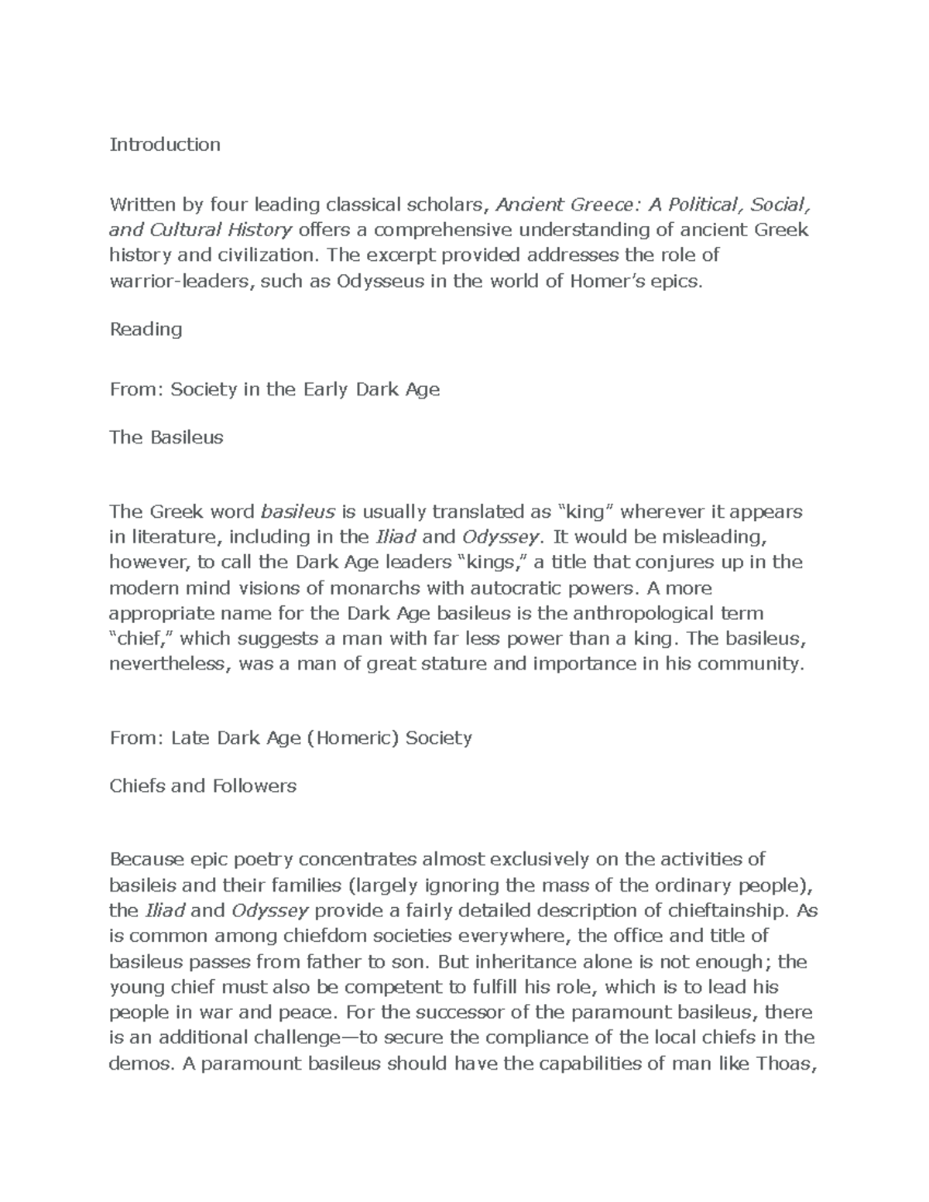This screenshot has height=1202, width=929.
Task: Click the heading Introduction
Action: [165, 145]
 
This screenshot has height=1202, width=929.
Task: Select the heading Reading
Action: [146, 329]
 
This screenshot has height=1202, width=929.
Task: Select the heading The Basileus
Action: [166, 437]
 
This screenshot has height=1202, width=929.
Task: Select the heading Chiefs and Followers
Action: [203, 786]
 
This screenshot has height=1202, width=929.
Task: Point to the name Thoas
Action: [784, 1063]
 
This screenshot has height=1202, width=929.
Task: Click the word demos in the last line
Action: [138, 1063]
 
